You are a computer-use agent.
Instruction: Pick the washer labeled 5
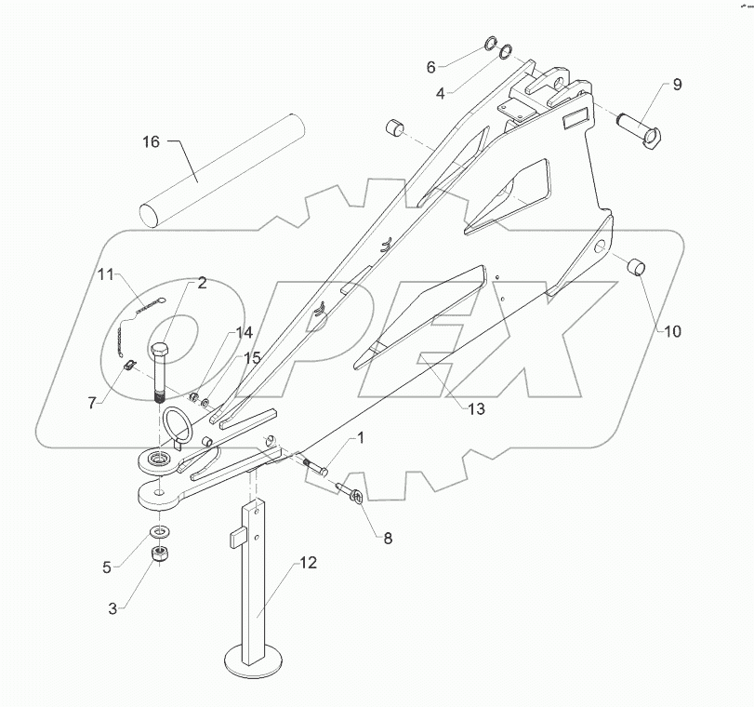pos(160,531)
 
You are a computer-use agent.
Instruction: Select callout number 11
pos(106,274)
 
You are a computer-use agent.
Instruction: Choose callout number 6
pos(430,67)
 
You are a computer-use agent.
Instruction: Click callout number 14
pos(243,332)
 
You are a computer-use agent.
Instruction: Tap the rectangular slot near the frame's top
pos(574,118)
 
